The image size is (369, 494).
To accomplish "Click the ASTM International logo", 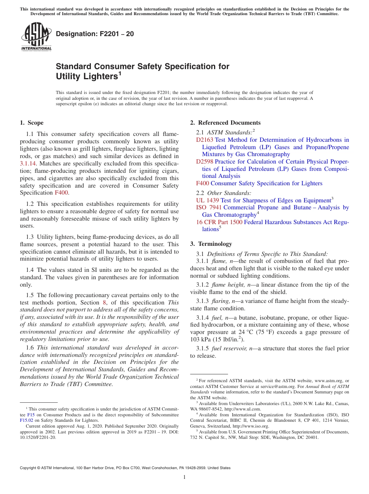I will click(36, 37).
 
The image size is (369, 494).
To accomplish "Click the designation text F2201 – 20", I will click(95, 34).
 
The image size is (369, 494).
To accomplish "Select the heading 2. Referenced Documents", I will click(225, 123).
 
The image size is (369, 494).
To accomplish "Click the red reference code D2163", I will click(204, 140).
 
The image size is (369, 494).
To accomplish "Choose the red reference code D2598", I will click(204, 162).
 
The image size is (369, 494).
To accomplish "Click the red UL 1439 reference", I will click(207, 200).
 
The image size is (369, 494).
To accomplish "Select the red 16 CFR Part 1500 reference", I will click(219, 222).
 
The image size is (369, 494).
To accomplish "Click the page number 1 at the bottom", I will click(184, 477).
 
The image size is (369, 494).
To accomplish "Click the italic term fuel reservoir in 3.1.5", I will click(226, 348).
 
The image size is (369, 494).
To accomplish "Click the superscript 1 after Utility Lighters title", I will click(120, 73).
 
